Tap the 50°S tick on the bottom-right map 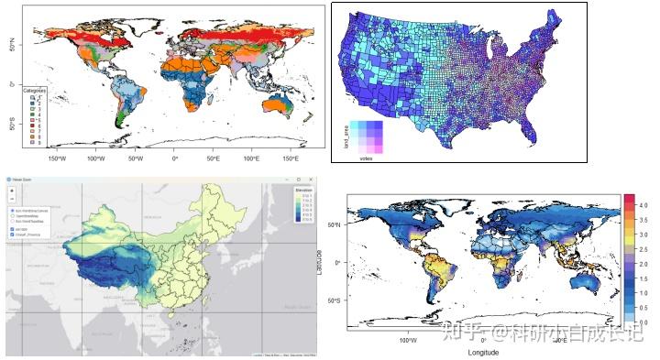(335, 300)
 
